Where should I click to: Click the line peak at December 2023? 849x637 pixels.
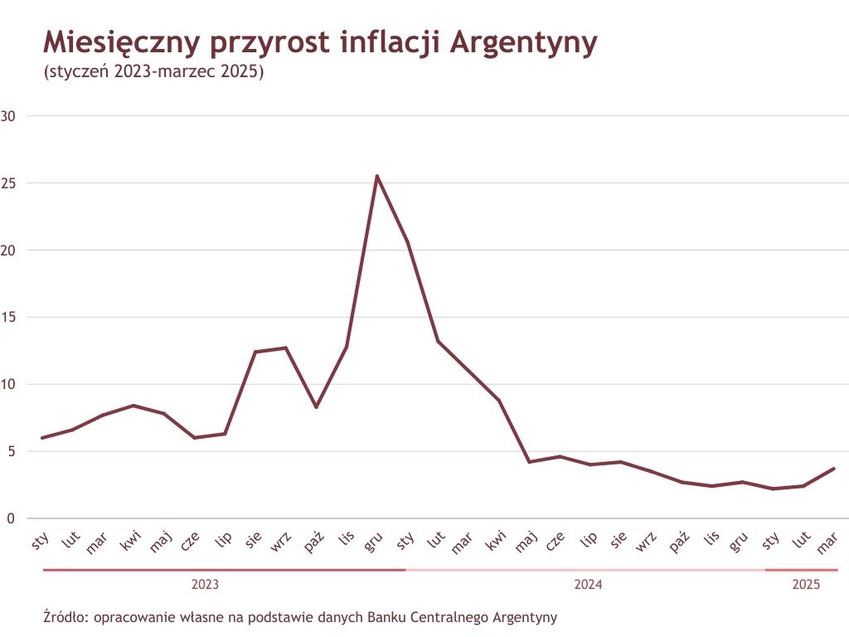click(377, 176)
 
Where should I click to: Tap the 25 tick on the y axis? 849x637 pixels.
click(10, 183)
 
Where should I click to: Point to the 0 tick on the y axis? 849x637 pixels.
click(10, 519)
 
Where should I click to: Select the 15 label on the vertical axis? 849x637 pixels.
click(10, 318)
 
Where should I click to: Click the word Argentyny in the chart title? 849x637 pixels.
click(522, 42)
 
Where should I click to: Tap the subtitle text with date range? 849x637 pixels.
click(153, 72)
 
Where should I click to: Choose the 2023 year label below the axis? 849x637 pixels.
click(205, 585)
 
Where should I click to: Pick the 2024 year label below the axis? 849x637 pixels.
click(588, 585)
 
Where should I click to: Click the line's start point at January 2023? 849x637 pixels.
click(41, 438)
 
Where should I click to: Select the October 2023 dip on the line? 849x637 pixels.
click(316, 407)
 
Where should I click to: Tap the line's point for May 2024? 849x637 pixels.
click(529, 462)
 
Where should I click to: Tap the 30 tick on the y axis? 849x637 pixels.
click(10, 116)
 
